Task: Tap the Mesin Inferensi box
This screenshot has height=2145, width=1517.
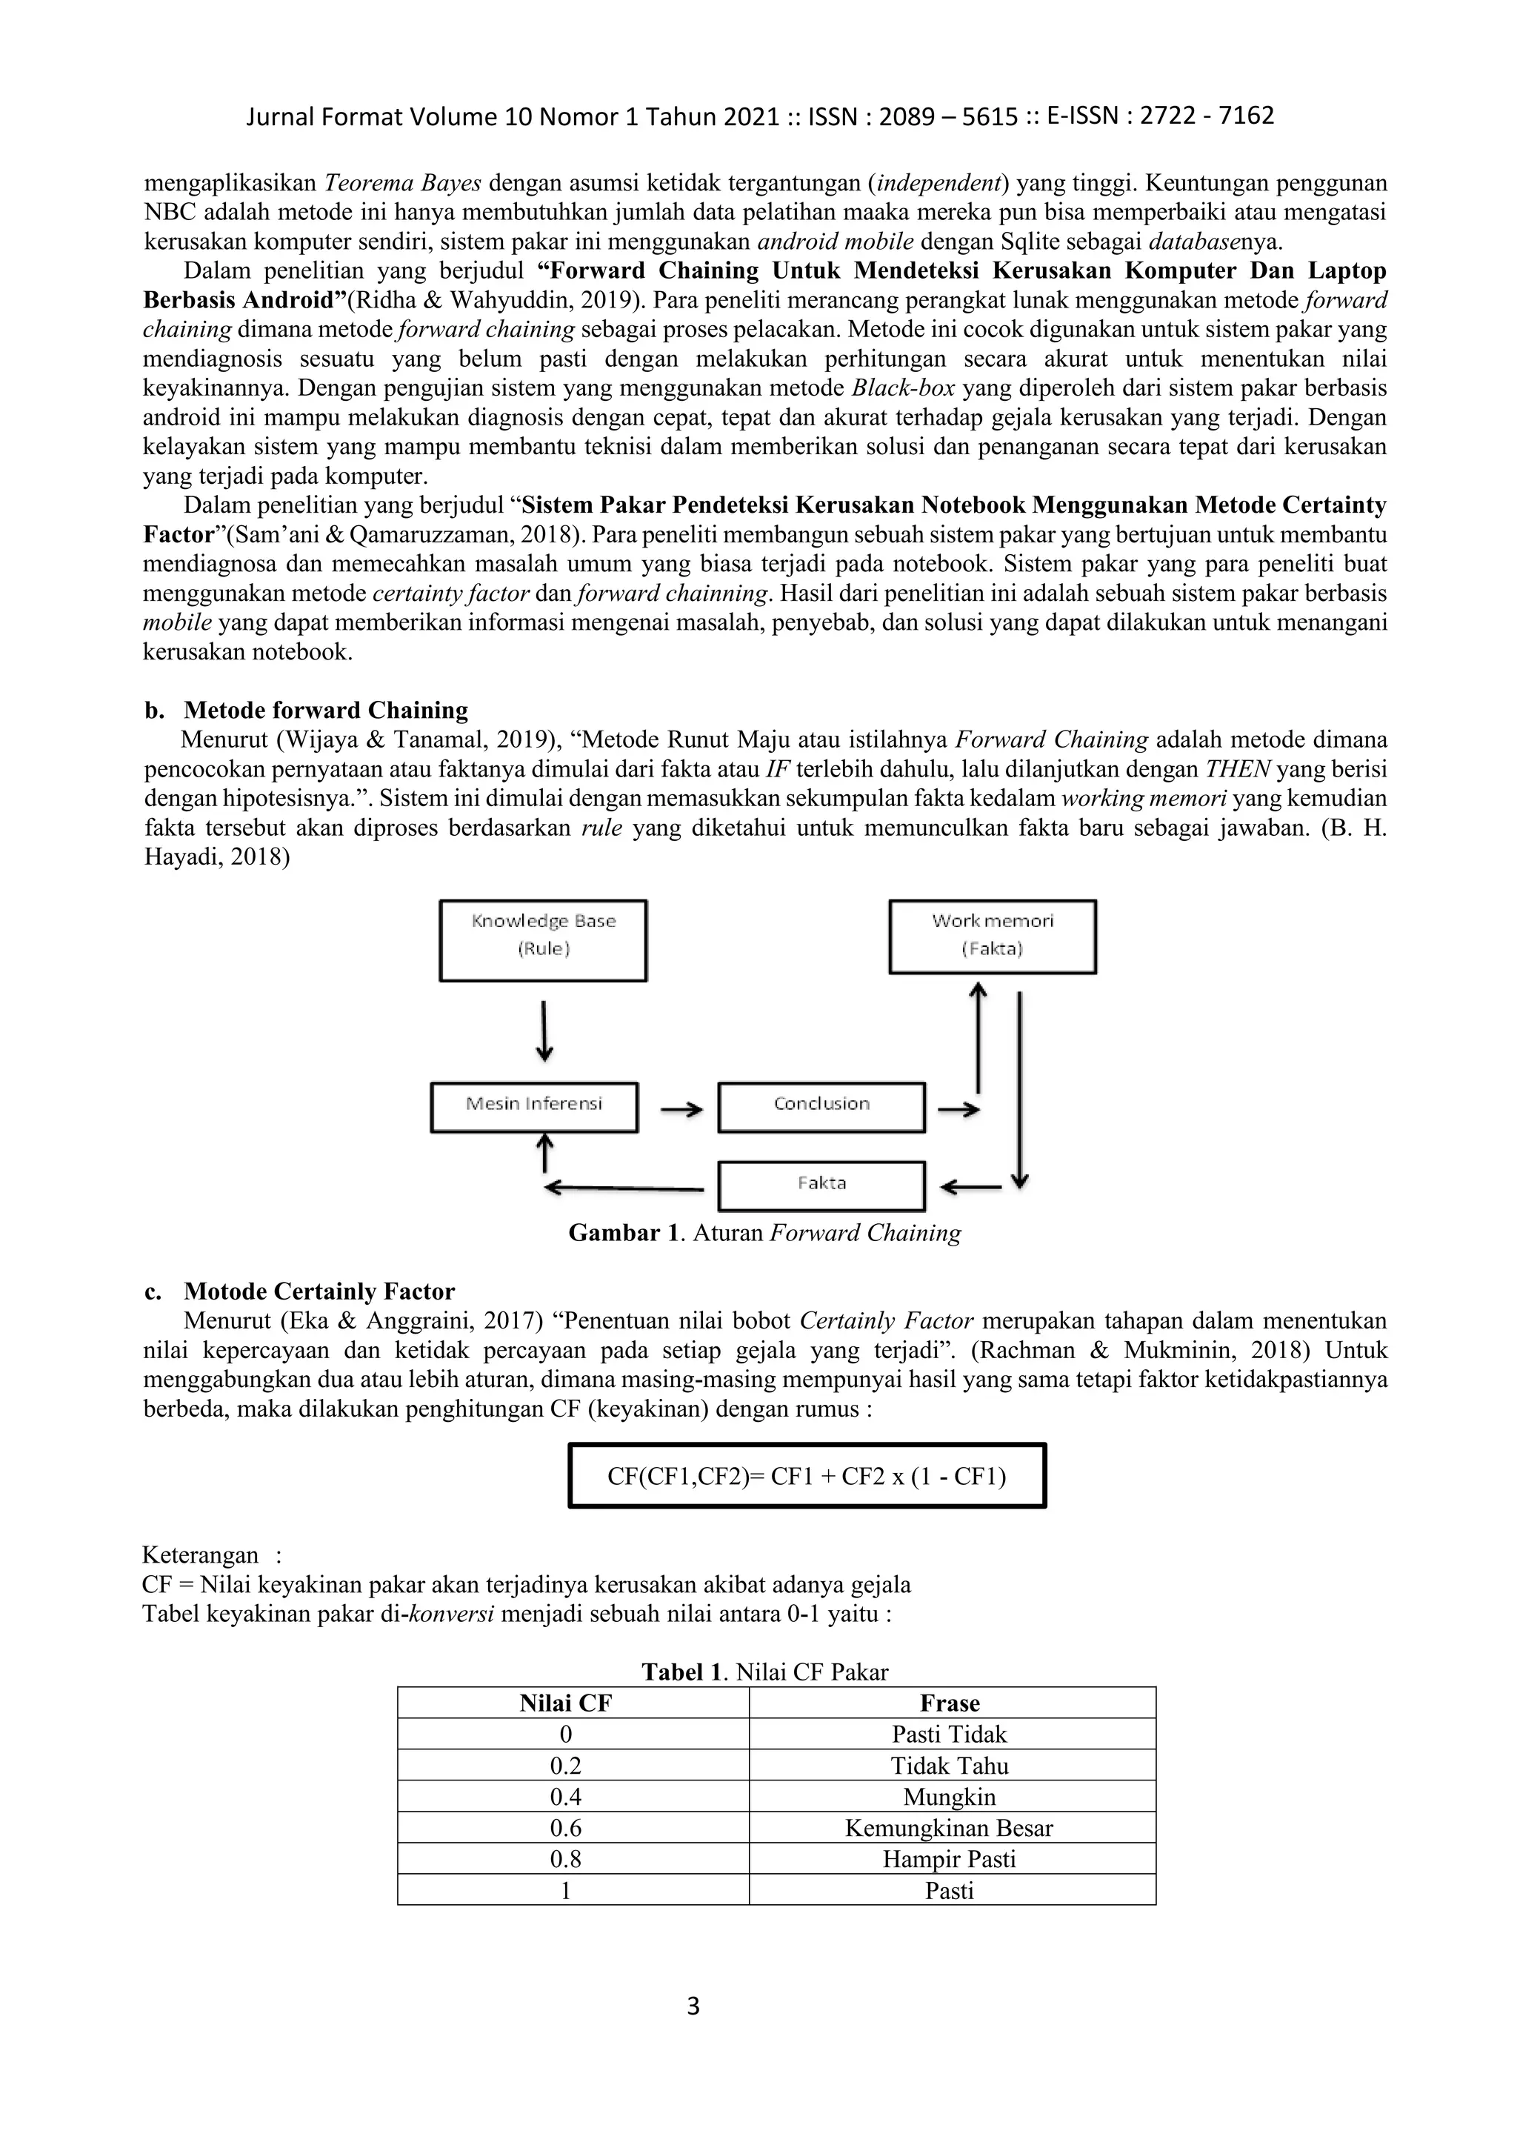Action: pyautogui.click(x=534, y=1107)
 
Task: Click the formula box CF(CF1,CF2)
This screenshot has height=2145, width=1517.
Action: pyautogui.click(x=807, y=1476)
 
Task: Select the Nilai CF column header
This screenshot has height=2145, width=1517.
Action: pyautogui.click(x=565, y=1703)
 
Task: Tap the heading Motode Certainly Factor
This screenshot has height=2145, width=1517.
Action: pyautogui.click(x=319, y=1291)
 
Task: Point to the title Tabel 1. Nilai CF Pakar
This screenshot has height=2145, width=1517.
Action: pyautogui.click(x=764, y=1672)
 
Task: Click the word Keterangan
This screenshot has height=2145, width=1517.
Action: pyautogui.click(x=200, y=1554)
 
